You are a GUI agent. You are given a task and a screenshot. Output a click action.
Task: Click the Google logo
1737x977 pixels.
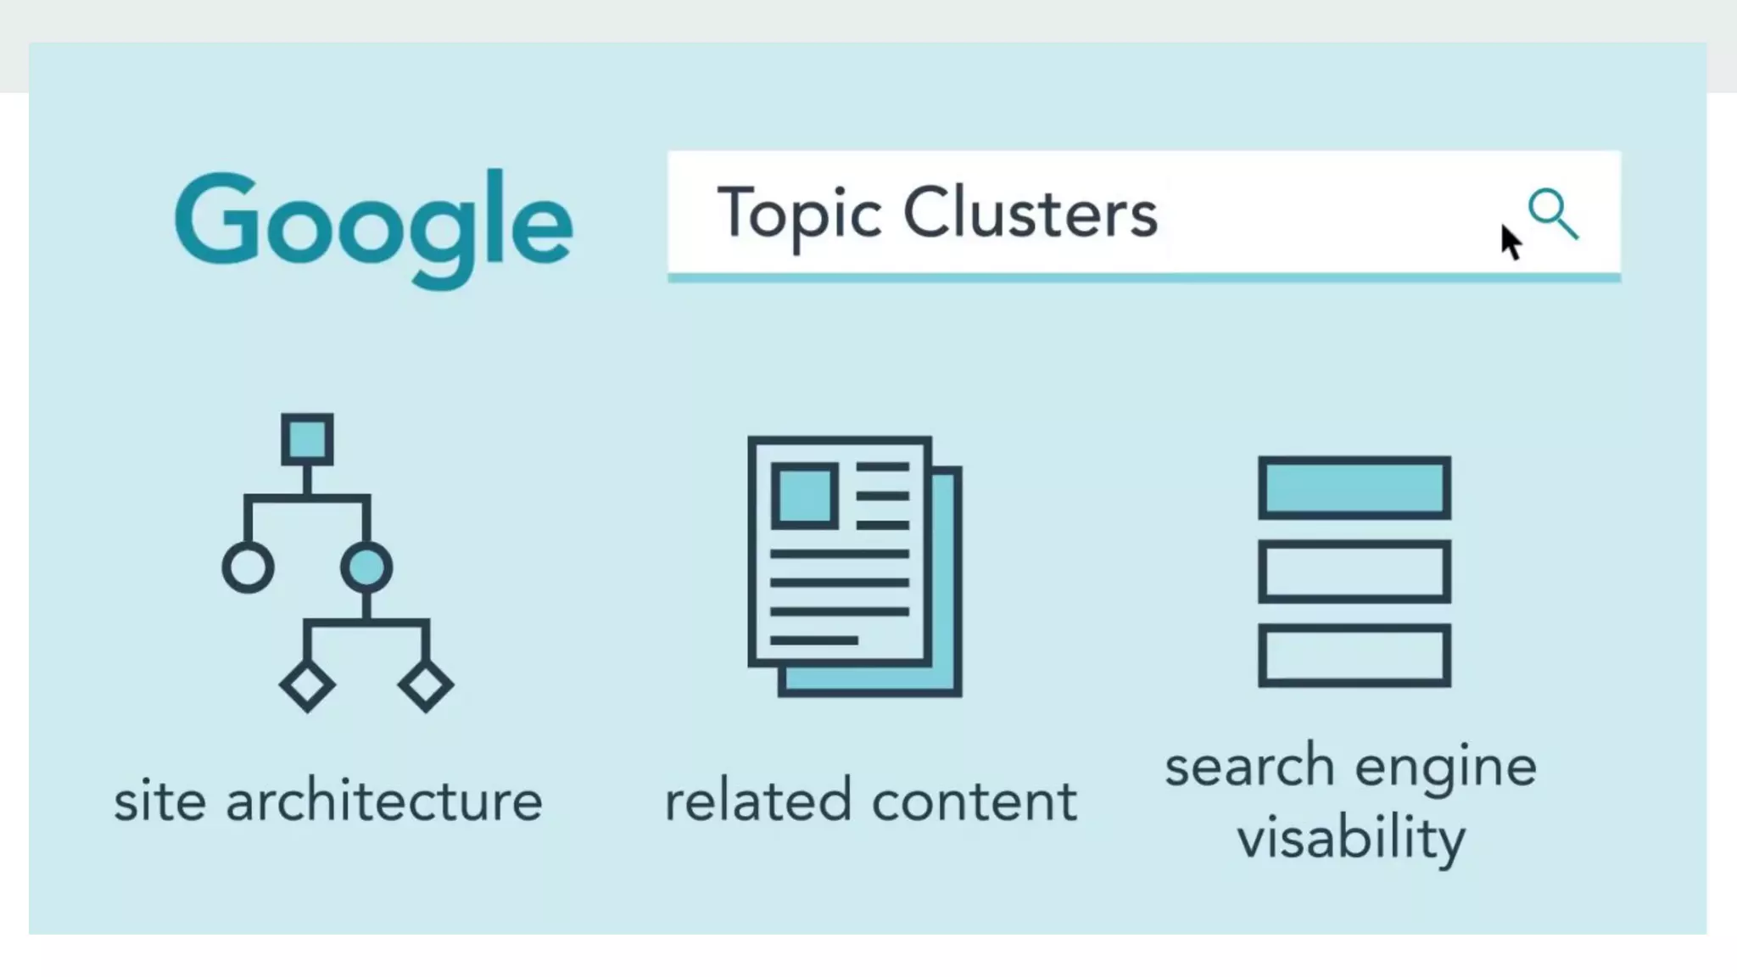click(373, 225)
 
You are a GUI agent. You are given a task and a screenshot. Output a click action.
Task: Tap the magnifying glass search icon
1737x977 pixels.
click(1552, 213)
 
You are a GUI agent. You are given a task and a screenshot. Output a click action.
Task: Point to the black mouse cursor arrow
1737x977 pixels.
click(1510, 242)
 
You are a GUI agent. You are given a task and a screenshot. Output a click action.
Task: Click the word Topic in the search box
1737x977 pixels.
click(799, 213)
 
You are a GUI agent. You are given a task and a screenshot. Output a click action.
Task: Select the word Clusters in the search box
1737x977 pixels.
click(1030, 213)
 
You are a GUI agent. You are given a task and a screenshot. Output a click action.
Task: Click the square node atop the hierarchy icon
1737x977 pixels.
click(307, 439)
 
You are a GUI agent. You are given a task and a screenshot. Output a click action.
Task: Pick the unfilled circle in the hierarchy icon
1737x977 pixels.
click(248, 567)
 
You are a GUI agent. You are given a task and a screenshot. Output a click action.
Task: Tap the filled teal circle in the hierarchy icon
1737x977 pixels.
click(366, 567)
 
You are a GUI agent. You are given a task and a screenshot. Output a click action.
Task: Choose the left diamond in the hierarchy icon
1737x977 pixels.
click(307, 685)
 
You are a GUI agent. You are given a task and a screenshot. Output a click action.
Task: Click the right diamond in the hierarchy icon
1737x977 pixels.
click(426, 685)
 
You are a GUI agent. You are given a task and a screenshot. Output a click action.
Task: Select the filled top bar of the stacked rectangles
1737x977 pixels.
click(1354, 488)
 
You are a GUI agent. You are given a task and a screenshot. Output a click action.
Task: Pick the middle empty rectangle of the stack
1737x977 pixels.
click(1354, 572)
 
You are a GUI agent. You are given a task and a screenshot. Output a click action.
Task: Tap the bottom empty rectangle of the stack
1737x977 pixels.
click(1354, 655)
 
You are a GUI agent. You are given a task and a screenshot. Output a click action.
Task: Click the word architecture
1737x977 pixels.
click(383, 801)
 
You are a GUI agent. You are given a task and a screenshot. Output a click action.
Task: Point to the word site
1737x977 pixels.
click(159, 801)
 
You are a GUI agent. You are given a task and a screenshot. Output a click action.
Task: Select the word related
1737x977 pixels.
click(757, 801)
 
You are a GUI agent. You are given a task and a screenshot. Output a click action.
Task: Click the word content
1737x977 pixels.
click(975, 801)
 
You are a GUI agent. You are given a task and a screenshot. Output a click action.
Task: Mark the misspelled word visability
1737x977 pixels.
click(1351, 838)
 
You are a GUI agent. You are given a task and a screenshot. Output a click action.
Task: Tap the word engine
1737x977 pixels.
click(1445, 768)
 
